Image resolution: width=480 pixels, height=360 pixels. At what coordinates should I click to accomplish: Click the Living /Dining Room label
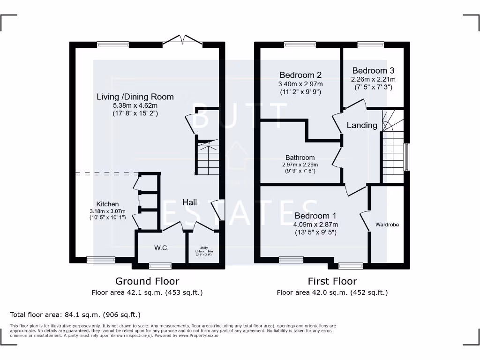[135, 97]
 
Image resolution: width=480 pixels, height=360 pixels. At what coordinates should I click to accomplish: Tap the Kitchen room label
[107, 204]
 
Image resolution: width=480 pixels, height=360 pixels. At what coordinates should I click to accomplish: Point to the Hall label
[189, 202]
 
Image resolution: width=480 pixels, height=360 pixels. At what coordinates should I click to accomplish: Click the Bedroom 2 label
[300, 75]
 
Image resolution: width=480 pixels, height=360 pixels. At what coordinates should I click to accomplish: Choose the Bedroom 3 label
[374, 70]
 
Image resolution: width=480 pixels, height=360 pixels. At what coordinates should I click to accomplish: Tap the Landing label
[362, 125]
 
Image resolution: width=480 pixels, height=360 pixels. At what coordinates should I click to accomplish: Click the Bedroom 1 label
[315, 216]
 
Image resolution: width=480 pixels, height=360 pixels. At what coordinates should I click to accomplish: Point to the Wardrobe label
[387, 225]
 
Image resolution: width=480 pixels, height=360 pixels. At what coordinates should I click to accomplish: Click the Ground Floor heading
[147, 281]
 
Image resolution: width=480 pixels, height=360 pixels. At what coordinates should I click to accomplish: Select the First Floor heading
[332, 281]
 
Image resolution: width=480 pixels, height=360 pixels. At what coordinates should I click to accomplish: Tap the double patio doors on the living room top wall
[183, 41]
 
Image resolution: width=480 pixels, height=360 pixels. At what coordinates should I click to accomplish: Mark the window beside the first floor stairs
[406, 157]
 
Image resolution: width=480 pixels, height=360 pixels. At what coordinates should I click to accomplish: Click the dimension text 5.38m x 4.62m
[135, 105]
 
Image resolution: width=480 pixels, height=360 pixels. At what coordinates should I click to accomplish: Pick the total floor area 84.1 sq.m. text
[75, 315]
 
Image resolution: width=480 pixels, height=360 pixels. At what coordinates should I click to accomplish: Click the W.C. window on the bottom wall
[160, 266]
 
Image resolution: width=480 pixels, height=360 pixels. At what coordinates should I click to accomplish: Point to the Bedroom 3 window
[370, 45]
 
